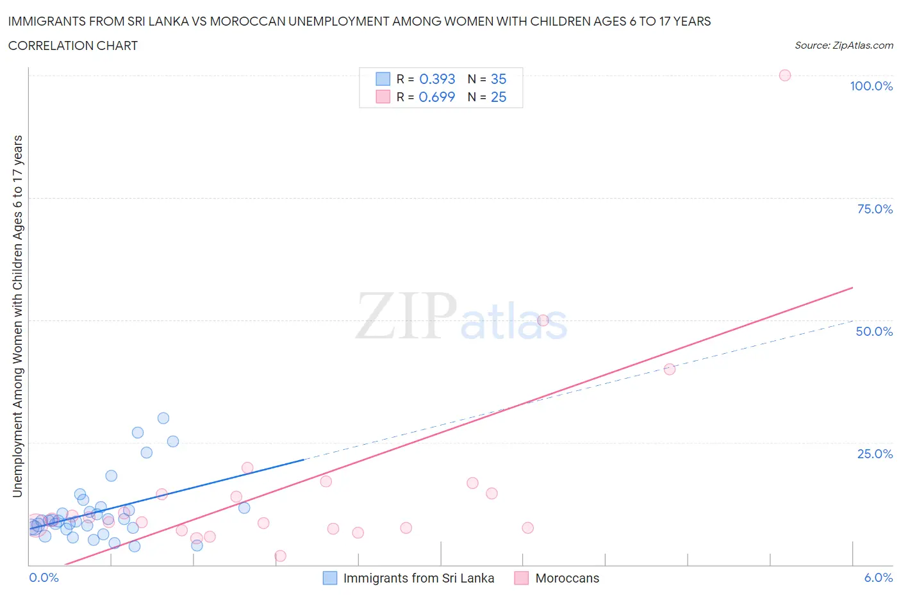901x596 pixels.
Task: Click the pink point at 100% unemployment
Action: coord(784,75)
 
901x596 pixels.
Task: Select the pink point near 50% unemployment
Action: coord(543,320)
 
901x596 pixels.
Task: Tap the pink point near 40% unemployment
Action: coord(669,369)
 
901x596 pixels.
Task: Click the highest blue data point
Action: coord(163,418)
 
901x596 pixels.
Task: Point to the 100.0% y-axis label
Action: coord(871,86)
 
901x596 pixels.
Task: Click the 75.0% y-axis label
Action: coord(875,209)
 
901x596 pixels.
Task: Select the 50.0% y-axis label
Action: coord(874,331)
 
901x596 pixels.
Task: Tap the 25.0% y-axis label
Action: coord(875,454)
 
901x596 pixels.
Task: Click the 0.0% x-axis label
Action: coord(44,577)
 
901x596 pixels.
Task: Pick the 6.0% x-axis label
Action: coord(878,577)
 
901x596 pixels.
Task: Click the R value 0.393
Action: coord(437,79)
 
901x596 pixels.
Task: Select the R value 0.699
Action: coord(437,97)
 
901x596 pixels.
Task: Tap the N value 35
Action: coord(499,79)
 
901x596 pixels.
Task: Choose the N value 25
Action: coord(499,97)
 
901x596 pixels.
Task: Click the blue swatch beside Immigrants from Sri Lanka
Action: coord(329,578)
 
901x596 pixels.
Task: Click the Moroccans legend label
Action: coord(567,578)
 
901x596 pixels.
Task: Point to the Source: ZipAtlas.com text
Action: coord(843,45)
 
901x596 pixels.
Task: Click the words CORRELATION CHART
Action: coord(73,46)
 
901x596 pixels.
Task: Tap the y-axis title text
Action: coord(17,317)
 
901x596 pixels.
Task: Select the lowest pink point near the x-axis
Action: coord(280,556)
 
